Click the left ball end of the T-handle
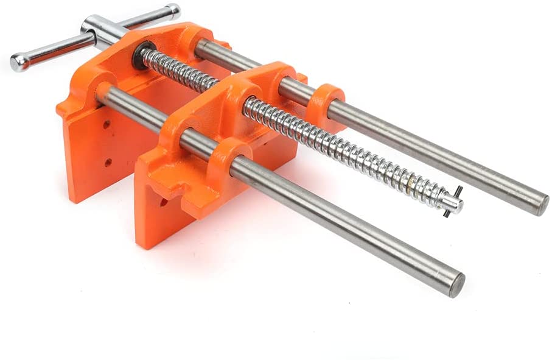coord(18,62)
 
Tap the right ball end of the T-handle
coord(173,11)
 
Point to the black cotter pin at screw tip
coord(455,201)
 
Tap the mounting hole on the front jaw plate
coord(164,201)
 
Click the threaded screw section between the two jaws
coord(183,73)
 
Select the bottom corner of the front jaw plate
coord(141,244)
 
